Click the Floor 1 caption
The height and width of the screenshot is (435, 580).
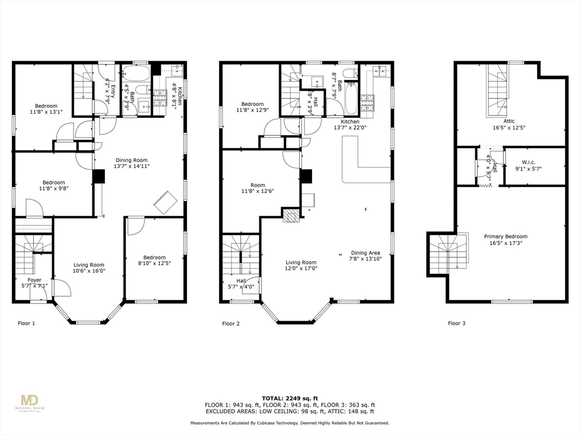[x=26, y=323]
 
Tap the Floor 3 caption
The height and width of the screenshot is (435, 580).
[x=457, y=323]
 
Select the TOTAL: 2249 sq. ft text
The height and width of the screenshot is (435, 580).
[x=289, y=398]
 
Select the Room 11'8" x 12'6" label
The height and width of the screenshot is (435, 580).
[x=258, y=188]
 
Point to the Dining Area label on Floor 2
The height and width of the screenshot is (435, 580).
[x=365, y=256]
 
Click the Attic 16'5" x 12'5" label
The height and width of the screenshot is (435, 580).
[x=509, y=125]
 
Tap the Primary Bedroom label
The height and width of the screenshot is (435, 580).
[x=505, y=240]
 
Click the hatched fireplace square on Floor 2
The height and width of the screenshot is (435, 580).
[x=290, y=215]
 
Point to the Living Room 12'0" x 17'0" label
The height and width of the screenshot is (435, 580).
[x=301, y=266]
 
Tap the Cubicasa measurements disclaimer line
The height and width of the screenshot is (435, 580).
[x=289, y=423]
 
